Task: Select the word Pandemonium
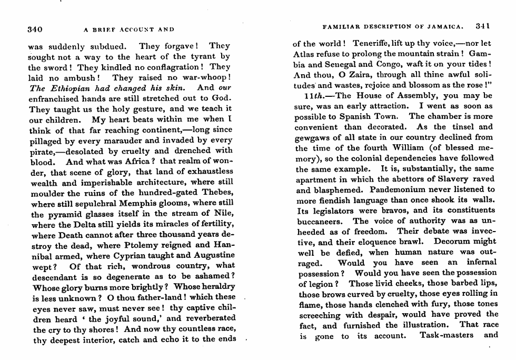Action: (x=399, y=189)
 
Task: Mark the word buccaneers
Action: (x=320, y=221)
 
